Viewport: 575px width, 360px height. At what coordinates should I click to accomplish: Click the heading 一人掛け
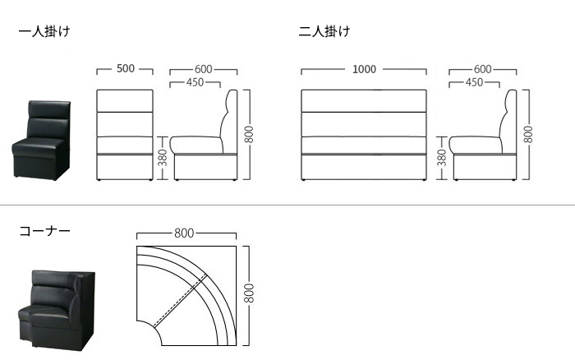[x=44, y=31]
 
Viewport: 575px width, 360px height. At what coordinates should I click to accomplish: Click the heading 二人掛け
[x=324, y=31]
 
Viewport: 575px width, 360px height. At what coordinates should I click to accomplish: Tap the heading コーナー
[x=44, y=231]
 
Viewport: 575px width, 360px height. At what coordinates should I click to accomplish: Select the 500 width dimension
[x=126, y=68]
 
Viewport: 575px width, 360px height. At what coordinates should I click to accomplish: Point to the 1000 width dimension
[x=364, y=69]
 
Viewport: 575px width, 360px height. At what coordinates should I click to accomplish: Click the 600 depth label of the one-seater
[x=204, y=69]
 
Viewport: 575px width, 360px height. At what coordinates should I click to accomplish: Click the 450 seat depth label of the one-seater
[x=195, y=82]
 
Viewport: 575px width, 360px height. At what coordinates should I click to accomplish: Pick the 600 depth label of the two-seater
[x=483, y=69]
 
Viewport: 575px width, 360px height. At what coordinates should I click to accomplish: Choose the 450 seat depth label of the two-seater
[x=475, y=82]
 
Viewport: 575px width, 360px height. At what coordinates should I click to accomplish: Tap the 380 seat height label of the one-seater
[x=163, y=158]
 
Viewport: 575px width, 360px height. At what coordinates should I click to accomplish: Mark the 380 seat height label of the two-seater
[x=442, y=158]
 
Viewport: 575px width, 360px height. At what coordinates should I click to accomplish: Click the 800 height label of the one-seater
[x=249, y=135]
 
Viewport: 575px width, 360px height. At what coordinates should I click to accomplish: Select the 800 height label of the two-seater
[x=528, y=135]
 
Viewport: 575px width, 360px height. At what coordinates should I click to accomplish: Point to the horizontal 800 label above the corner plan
[x=184, y=233]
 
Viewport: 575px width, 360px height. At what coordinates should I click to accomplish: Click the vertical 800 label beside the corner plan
[x=249, y=293]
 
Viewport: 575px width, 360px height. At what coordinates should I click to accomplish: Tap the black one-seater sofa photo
[x=41, y=141]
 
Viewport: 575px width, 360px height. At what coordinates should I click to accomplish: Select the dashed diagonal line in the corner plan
[x=180, y=301]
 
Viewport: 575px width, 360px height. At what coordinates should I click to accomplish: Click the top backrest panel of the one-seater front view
[x=125, y=101]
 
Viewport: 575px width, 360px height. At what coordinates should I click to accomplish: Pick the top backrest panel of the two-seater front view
[x=364, y=101]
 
